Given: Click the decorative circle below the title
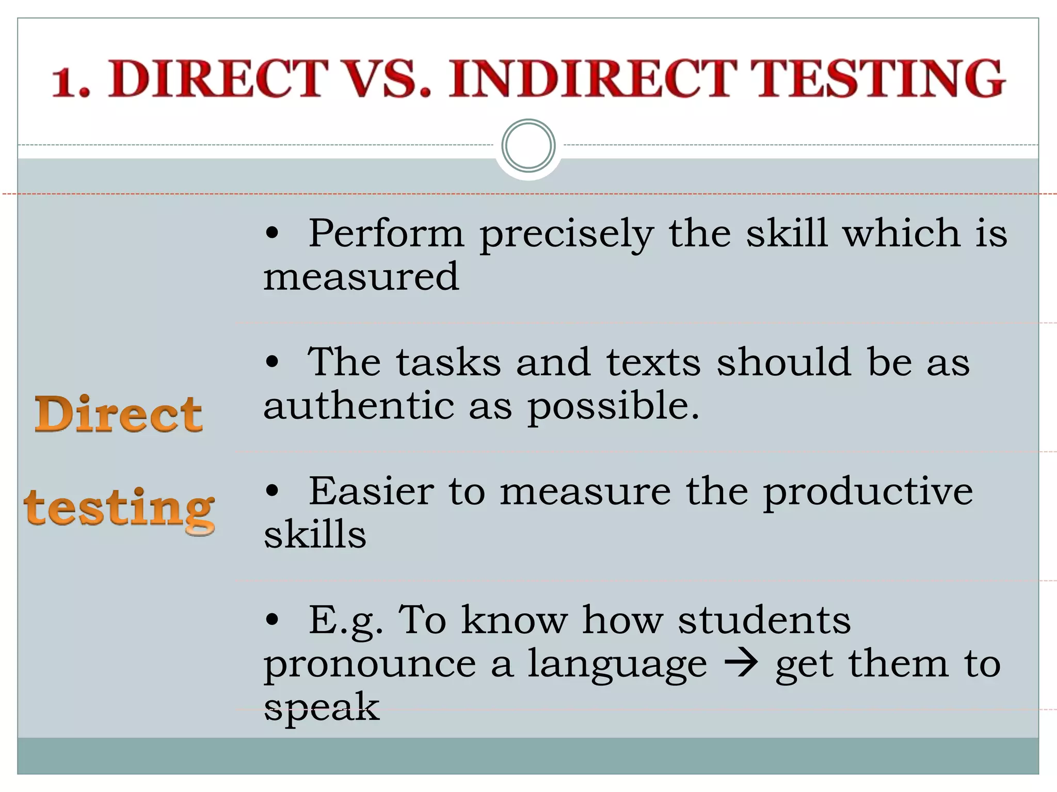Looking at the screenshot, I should [x=528, y=145].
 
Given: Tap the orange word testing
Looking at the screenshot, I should [x=119, y=509].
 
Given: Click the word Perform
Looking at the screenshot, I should [x=386, y=234].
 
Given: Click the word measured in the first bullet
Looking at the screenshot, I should [x=361, y=276].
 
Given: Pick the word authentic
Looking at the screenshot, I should [x=359, y=405].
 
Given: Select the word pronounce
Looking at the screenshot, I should [x=370, y=665].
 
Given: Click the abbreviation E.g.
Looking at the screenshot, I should [x=346, y=621].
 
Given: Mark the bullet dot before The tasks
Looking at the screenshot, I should [x=272, y=362].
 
